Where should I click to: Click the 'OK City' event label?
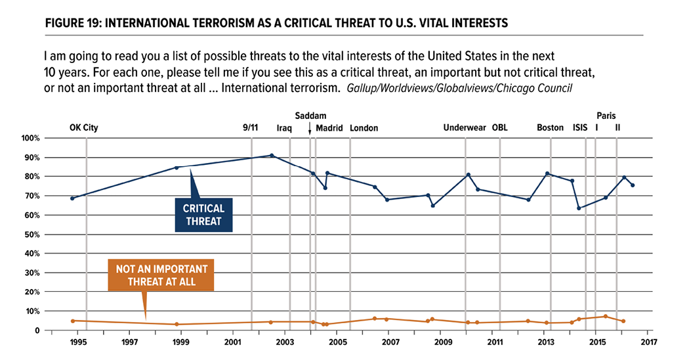pos(83,128)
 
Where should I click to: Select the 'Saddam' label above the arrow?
pos(310,116)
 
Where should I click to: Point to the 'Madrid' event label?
pos(329,128)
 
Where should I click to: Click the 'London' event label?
pos(364,128)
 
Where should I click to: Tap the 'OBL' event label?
pos(500,128)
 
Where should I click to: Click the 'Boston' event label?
pos(551,128)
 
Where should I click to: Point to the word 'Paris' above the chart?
pos(606,116)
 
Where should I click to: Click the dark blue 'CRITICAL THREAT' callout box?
pos(204,215)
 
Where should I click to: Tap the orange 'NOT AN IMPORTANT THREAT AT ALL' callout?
pos(161,276)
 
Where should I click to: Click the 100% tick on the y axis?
pos(31,139)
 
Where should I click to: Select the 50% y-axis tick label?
pos(33,235)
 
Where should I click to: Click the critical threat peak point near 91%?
pos(272,156)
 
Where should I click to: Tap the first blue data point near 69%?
pos(72,198)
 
